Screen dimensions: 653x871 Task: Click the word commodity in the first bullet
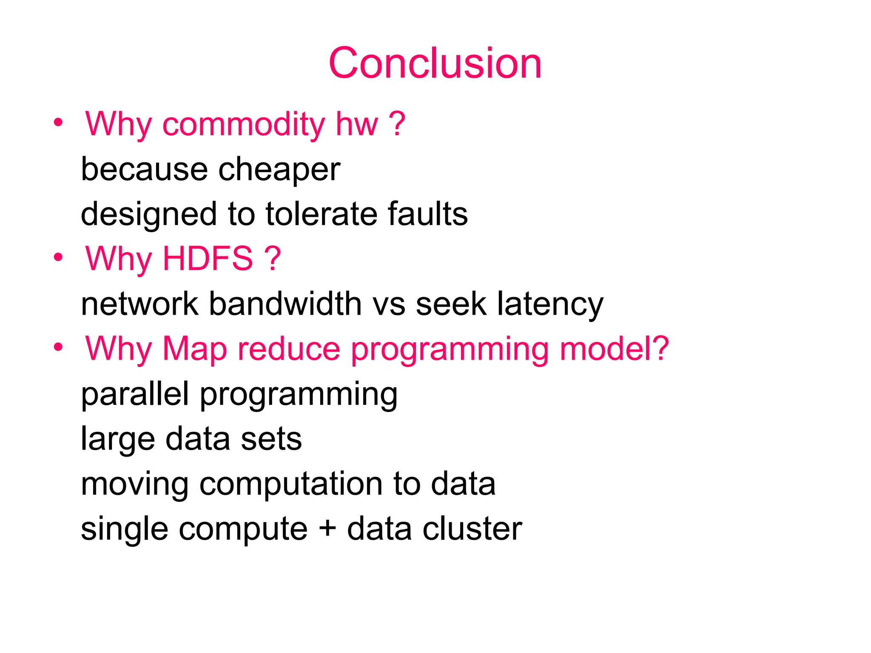tap(244, 124)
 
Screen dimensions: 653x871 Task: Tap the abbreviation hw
tap(357, 124)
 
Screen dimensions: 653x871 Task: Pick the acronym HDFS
tap(208, 258)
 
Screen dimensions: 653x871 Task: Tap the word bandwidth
tap(285, 304)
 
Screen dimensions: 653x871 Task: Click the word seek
tap(451, 304)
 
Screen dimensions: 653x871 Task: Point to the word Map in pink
tap(195, 349)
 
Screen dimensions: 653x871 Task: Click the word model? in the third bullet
tap(614, 349)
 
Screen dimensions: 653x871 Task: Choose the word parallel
tap(135, 394)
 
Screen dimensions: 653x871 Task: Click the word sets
tap(271, 439)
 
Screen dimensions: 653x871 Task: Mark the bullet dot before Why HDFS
tap(58, 258)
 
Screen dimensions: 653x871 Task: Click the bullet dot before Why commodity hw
tap(58, 123)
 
